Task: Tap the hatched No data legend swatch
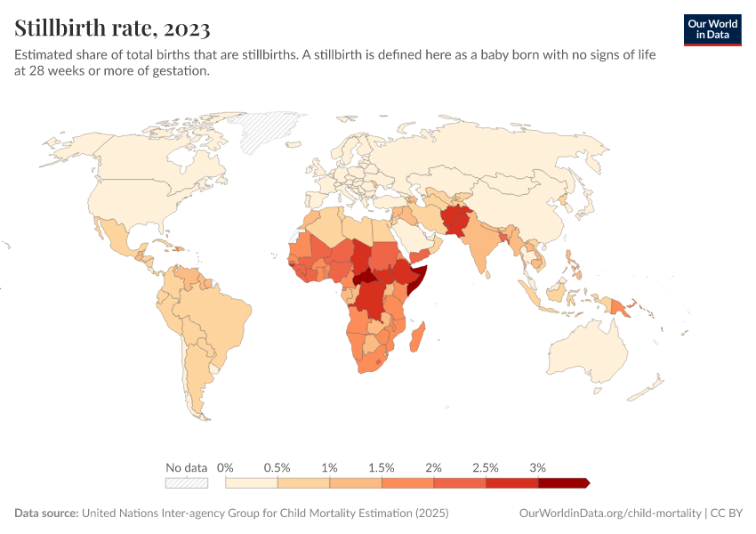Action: [x=187, y=483]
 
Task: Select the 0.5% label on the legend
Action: [x=277, y=467]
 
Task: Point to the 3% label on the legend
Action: [x=537, y=467]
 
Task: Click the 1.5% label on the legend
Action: [x=382, y=467]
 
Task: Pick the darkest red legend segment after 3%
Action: [x=562, y=483]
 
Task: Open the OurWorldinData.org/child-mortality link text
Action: [x=609, y=514]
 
